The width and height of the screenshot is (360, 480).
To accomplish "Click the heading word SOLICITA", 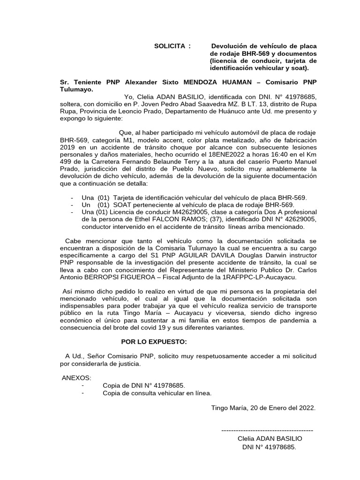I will (x=170, y=46).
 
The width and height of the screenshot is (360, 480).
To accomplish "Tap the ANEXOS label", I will (x=77, y=378).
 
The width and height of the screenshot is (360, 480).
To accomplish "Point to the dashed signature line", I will (x=267, y=430).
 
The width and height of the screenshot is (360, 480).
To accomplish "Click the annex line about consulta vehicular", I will (x=157, y=393).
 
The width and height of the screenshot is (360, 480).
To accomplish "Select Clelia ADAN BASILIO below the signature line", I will (x=270, y=438).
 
